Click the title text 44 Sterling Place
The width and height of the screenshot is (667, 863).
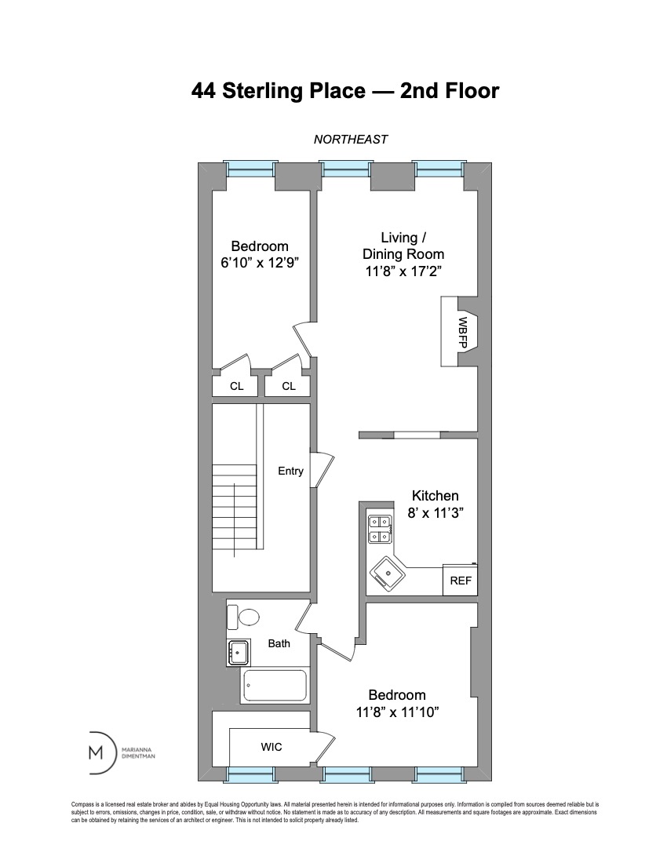tap(279, 91)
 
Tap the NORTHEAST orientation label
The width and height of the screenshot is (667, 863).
tap(351, 140)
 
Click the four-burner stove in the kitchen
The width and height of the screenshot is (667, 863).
tap(379, 529)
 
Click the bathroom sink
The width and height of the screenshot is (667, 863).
tap(239, 650)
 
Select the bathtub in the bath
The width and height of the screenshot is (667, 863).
tap(275, 686)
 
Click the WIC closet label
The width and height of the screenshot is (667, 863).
tap(272, 748)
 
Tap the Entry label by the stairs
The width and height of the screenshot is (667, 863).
tap(290, 471)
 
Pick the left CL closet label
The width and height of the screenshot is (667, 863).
tap(236, 386)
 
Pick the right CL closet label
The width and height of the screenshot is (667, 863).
tap(289, 386)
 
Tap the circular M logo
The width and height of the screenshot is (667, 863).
tap(97, 752)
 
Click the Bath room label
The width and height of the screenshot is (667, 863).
tap(279, 643)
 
